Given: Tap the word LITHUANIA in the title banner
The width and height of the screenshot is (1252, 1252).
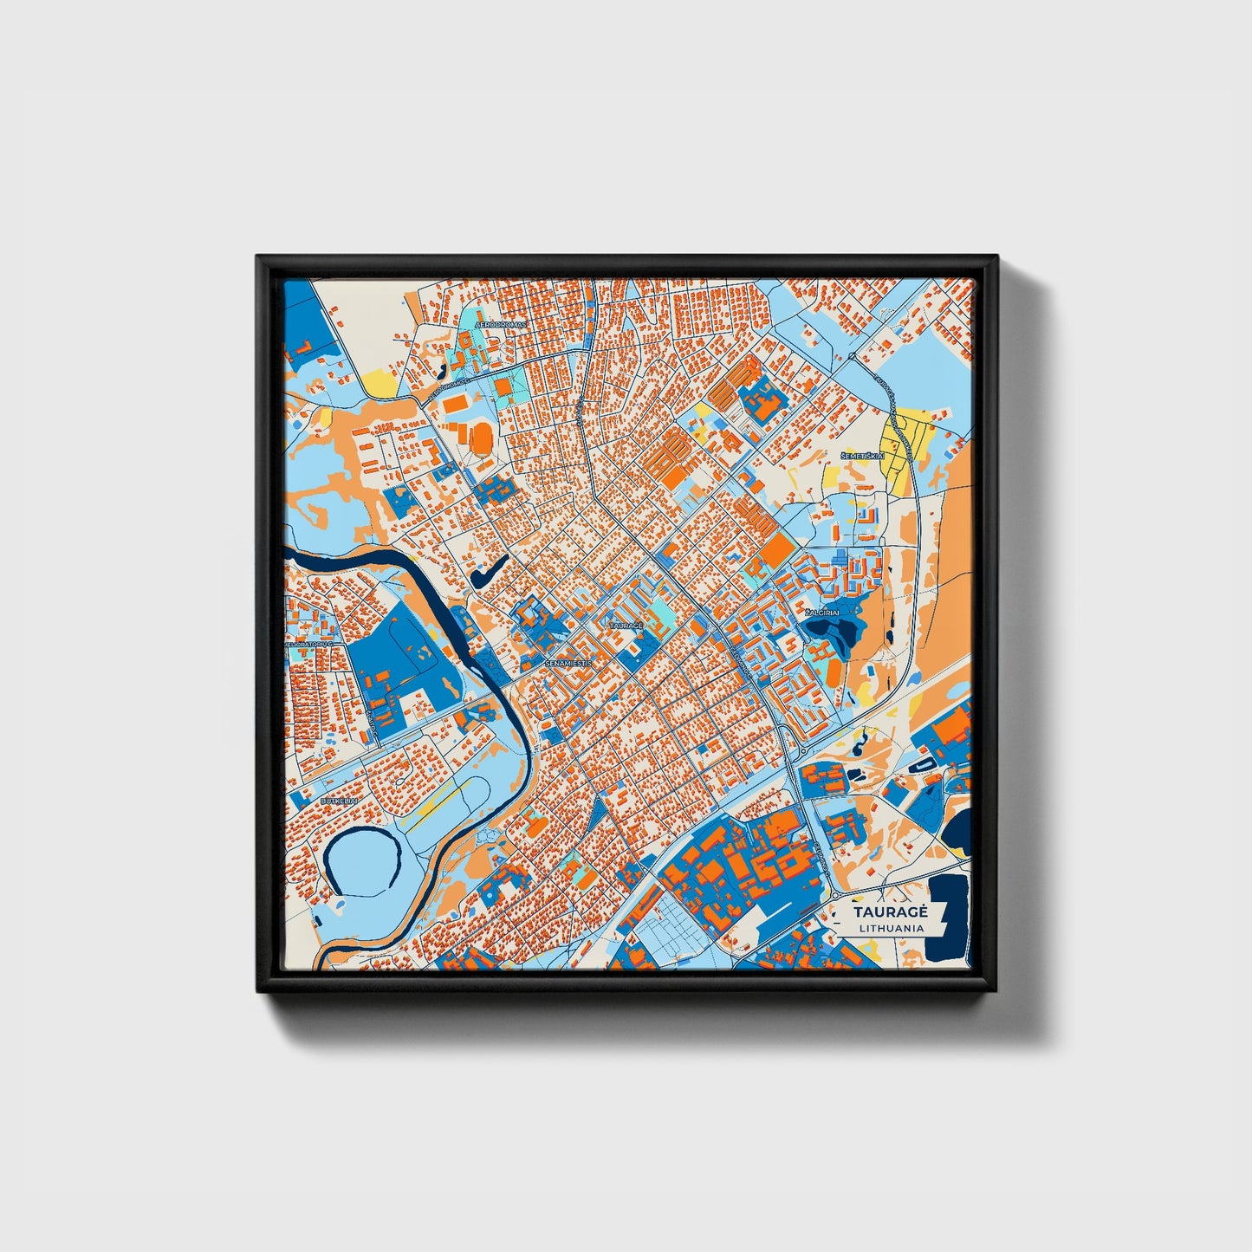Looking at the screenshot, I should point(891,928).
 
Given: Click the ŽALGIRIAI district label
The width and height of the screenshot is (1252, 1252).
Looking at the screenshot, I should point(822,613).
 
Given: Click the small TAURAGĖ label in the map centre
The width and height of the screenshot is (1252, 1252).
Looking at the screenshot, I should point(626,624).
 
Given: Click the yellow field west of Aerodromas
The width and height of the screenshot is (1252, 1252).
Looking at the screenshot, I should point(379,381).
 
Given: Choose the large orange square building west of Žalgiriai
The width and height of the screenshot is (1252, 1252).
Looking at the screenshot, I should point(777,548).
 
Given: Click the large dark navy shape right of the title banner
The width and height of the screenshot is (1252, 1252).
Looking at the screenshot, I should point(948,918).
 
